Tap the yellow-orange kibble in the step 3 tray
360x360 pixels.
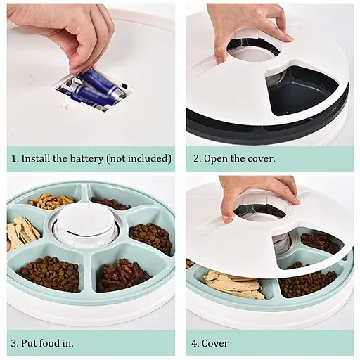[x=51, y=202]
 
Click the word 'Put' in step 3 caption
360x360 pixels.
[x=29, y=344]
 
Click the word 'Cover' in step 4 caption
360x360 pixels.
[x=214, y=344]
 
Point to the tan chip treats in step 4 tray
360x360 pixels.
[x=232, y=285]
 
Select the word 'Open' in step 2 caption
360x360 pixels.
[x=217, y=158]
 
